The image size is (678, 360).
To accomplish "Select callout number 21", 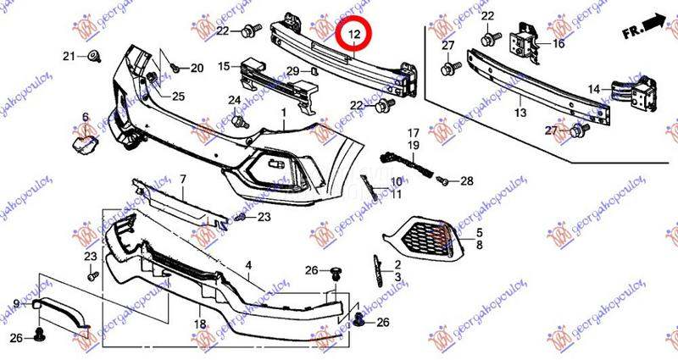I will [69, 57].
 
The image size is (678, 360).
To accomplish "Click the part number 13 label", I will [520, 112].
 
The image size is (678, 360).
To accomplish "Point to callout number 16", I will [559, 43].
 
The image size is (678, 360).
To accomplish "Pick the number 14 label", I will [595, 88].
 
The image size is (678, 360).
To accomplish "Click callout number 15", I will [224, 65].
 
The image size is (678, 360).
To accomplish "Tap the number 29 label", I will [291, 70].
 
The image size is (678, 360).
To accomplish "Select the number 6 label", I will [86, 117].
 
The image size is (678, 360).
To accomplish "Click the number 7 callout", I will [181, 180].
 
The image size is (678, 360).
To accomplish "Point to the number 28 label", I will [467, 181].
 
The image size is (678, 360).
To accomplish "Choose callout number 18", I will [200, 324].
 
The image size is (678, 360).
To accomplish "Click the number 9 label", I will [15, 302].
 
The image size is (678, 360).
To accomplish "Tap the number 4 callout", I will [249, 266].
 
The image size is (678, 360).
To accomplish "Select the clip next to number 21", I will [93, 58].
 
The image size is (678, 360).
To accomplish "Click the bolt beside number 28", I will [442, 180].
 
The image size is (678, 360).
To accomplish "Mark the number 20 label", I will [197, 68].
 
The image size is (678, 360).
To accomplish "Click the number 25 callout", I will [179, 96].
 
